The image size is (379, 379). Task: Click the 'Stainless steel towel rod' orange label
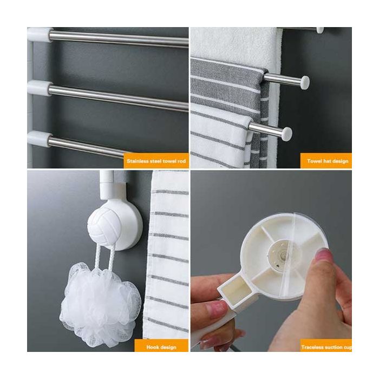tap(156, 160)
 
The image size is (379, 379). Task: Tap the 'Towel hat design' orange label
tap(326, 160)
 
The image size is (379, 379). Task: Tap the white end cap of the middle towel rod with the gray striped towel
tap(305, 83)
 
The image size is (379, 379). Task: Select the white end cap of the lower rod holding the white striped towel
tap(287, 133)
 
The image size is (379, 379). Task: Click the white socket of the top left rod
tap(40, 35)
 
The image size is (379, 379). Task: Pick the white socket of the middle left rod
tap(39, 88)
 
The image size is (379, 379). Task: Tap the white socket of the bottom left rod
tap(39, 138)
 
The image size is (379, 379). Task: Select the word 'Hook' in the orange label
tap(152, 348)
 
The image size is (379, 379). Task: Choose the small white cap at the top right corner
tap(319, 30)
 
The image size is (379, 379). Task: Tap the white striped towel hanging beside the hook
tap(167, 254)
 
